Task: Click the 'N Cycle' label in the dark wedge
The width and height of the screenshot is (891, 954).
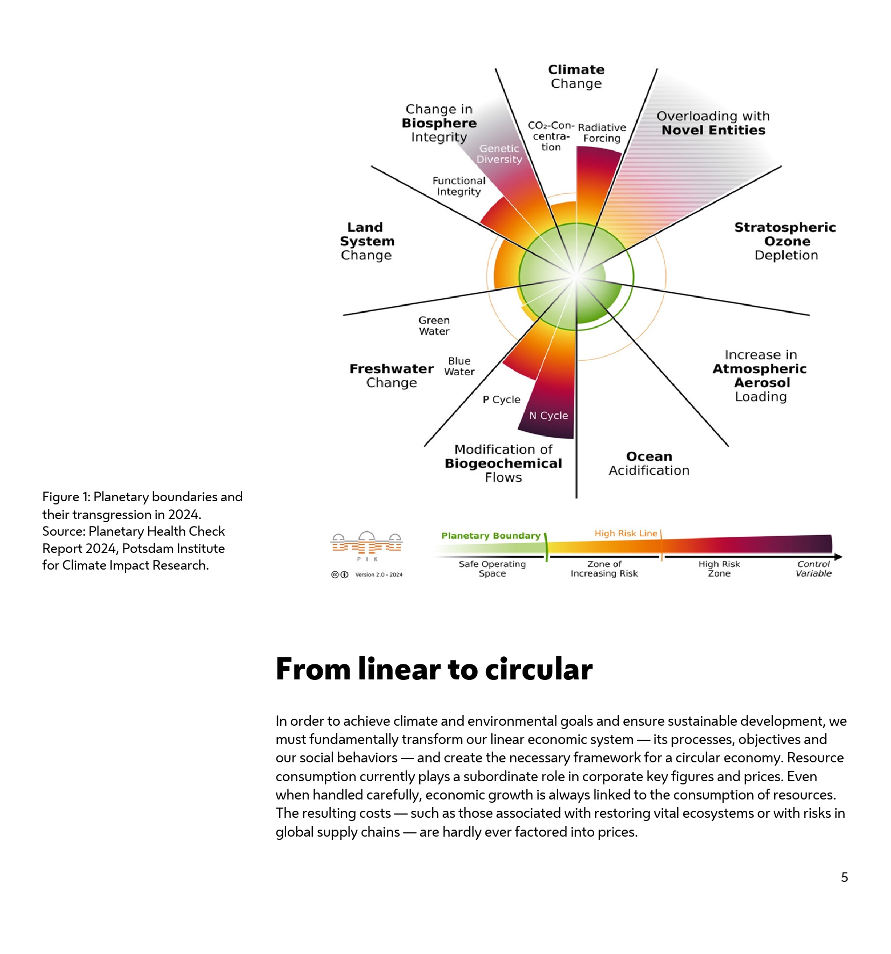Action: tap(548, 415)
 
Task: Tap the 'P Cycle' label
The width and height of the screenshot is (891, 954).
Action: tap(501, 399)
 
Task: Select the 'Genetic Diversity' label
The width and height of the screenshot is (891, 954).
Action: tap(499, 153)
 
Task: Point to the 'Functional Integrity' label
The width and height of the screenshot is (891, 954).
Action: tap(458, 186)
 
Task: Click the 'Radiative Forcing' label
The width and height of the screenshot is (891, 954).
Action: tap(602, 132)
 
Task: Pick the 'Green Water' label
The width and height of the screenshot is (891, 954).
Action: tap(434, 326)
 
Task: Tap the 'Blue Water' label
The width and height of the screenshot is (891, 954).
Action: tap(459, 366)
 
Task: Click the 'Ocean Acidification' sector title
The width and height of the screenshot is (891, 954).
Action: tap(649, 463)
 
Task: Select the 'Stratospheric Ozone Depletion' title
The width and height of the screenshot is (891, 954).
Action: tap(785, 241)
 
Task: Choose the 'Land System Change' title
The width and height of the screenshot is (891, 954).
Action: tap(366, 241)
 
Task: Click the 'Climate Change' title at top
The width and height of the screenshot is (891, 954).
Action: tap(576, 76)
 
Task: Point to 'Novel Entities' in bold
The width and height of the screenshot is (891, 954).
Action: tap(713, 130)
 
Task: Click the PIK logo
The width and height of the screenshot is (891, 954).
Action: tap(366, 545)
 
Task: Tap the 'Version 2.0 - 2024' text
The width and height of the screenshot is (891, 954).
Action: tap(379, 574)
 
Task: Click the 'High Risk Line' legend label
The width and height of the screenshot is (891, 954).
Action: tap(625, 533)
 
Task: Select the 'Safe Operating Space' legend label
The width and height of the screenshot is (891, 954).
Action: tap(492, 569)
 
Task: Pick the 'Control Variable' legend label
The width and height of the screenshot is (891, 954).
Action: tap(813, 569)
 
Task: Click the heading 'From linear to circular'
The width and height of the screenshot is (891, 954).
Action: tap(434, 669)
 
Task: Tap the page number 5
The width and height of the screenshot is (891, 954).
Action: tap(844, 877)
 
